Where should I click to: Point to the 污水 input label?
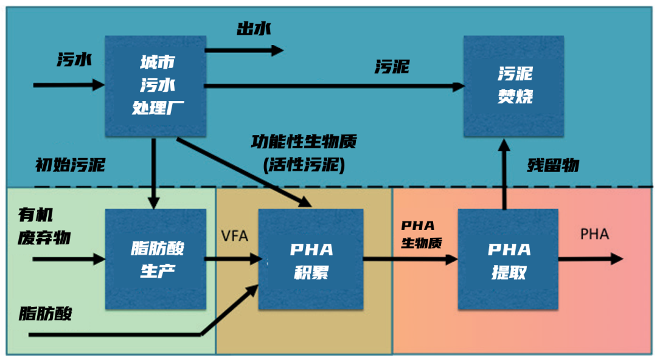click(x=75, y=59)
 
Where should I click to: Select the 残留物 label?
click(x=552, y=165)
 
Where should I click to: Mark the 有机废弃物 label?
click(x=44, y=226)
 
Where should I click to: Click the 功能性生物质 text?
click(x=304, y=142)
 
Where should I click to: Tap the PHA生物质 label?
click(x=421, y=233)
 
